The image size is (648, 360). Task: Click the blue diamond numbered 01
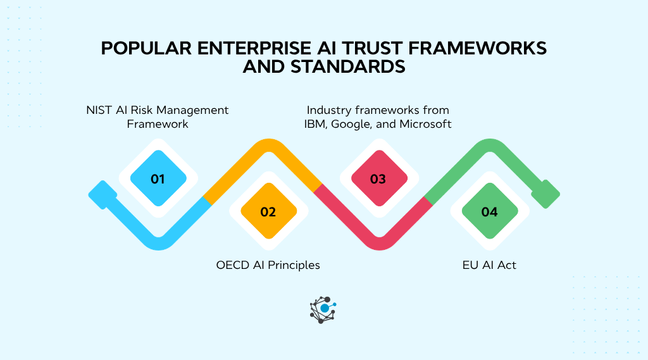[x=158, y=179]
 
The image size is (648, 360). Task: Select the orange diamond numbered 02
[x=268, y=211]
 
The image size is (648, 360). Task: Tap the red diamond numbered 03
[x=378, y=179]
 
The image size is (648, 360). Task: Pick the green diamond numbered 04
[x=489, y=211]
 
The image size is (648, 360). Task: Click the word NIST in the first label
[x=99, y=110]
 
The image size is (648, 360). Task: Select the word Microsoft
[x=425, y=124]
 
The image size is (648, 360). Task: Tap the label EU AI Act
[x=489, y=265]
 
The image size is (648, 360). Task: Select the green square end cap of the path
[x=545, y=194]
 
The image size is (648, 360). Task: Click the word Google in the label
[x=353, y=124]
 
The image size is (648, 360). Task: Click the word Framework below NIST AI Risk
[x=158, y=124]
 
